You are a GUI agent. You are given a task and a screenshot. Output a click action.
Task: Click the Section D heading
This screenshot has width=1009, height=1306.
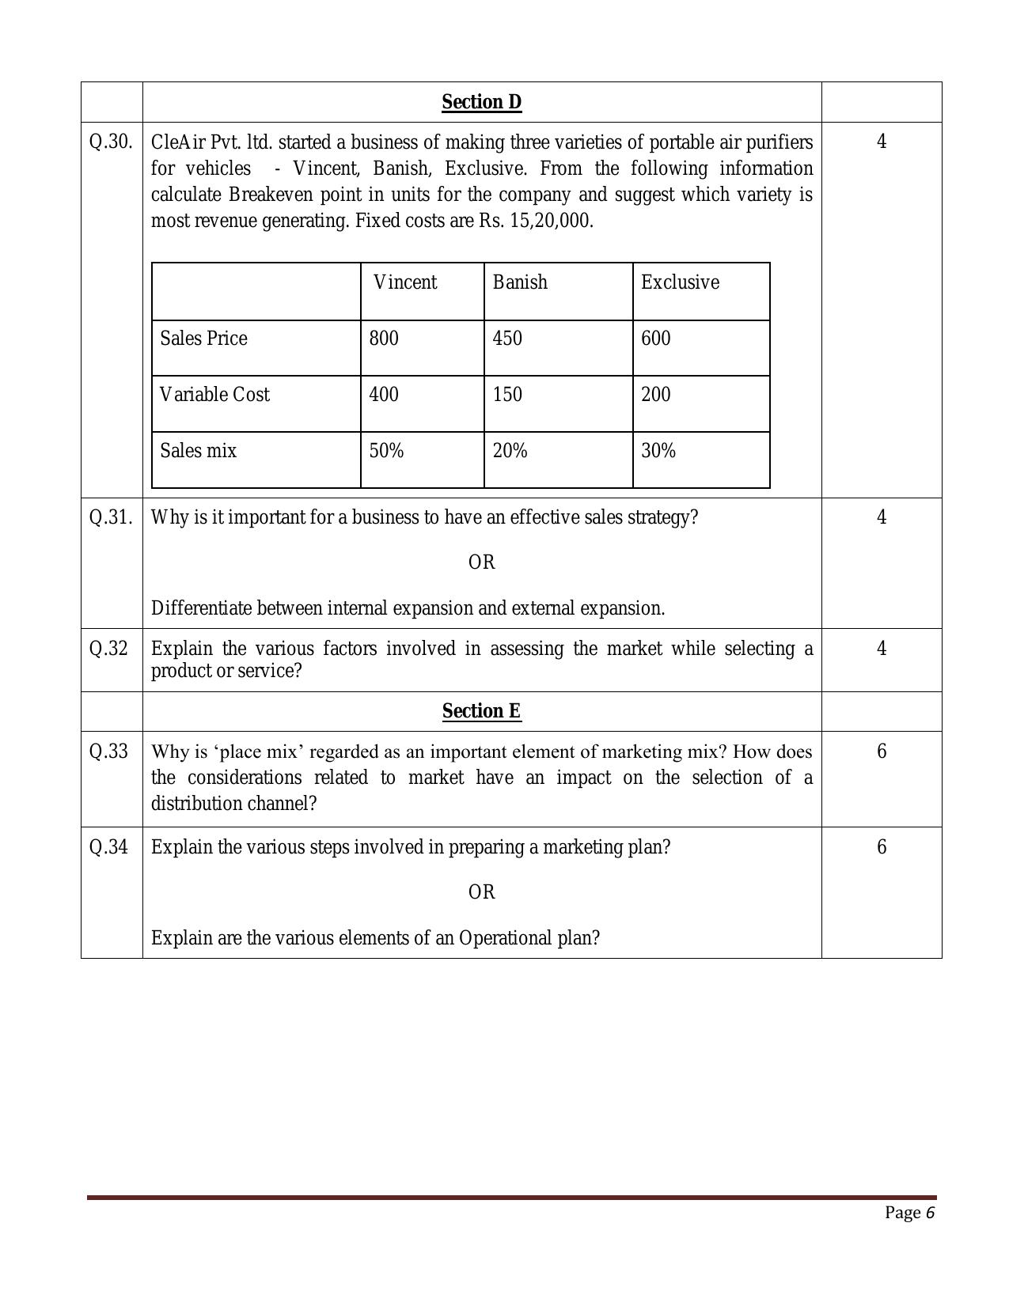tap(481, 102)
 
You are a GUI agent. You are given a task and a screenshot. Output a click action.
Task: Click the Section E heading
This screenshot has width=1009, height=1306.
tap(481, 711)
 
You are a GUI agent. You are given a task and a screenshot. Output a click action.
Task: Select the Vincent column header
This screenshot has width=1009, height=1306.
tap(404, 282)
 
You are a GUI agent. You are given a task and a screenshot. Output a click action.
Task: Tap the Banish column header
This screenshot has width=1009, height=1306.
tap(520, 282)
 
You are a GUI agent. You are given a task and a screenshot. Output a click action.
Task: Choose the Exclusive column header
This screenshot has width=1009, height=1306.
tap(680, 282)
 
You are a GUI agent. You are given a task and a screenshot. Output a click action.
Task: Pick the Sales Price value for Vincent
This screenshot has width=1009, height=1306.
tap(384, 339)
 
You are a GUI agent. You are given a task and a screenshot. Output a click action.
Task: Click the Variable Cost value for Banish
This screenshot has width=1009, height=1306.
tap(507, 395)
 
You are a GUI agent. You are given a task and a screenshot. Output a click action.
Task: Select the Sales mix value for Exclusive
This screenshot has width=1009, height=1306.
tap(658, 451)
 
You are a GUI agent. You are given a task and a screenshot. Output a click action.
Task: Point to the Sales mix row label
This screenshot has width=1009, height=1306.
tap(198, 451)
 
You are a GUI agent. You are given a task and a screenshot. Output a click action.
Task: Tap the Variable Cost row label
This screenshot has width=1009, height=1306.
tap(214, 395)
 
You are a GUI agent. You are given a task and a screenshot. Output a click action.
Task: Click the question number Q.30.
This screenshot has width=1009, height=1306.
tap(110, 142)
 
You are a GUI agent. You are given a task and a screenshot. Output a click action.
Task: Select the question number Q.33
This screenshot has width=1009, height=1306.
tap(108, 751)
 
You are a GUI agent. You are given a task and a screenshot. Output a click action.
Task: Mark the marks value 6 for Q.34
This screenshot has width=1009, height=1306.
tap(882, 847)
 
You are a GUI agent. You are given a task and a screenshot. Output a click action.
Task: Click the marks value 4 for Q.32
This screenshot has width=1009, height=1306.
tap(882, 649)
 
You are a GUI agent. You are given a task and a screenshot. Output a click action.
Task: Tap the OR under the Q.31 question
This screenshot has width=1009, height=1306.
tap(481, 562)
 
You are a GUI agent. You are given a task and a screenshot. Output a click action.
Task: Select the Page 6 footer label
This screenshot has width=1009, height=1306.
tap(910, 1213)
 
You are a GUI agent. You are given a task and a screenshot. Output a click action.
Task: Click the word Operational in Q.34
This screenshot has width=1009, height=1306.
tap(508, 938)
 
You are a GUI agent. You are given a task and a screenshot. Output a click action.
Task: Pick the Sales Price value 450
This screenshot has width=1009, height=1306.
tap(507, 339)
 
